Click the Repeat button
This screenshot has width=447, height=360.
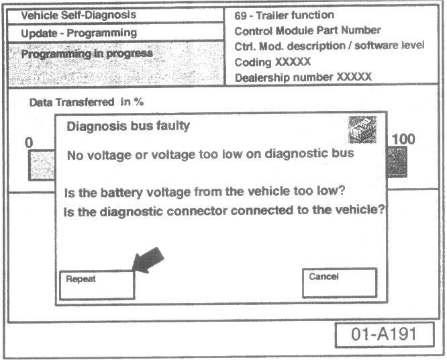coord(96,284)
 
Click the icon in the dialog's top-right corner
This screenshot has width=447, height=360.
coord(362,130)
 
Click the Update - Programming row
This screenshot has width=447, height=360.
coord(79,32)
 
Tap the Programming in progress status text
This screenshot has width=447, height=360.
coord(87,54)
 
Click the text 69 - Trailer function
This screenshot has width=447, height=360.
coord(285,15)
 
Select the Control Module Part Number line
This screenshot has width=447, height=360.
coord(307,30)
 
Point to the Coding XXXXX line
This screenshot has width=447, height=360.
coord(272,62)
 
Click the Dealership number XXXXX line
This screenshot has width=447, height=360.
coord(303,77)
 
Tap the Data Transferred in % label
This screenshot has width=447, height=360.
coord(87,103)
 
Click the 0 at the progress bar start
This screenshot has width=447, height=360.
coord(29,142)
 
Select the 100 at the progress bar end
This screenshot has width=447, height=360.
coord(403,140)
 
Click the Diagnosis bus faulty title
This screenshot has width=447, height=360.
coord(128,126)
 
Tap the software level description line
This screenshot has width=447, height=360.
coord(330,46)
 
